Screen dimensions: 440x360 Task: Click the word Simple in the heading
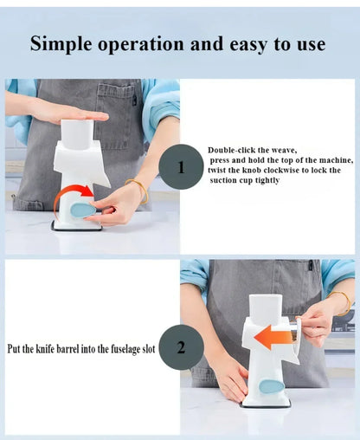[x=62, y=44]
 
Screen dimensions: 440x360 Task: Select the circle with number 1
[x=182, y=168]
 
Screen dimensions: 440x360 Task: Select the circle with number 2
[x=181, y=348]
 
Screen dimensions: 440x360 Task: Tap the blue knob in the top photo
[x=84, y=210]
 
